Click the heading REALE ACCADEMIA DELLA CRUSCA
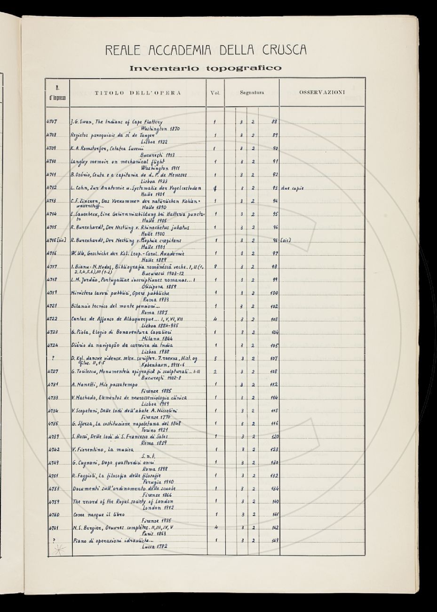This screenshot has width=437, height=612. point(206,49)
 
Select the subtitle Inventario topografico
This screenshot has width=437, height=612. point(206,68)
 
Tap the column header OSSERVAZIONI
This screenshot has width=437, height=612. point(322,92)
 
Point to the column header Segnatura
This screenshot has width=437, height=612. point(252,93)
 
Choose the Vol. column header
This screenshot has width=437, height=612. point(215,93)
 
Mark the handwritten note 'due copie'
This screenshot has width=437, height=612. point(292,188)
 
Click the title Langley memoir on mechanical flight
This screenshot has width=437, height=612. point(116,161)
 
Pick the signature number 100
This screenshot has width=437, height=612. point(274,293)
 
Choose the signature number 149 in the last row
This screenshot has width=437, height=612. point(275,541)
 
